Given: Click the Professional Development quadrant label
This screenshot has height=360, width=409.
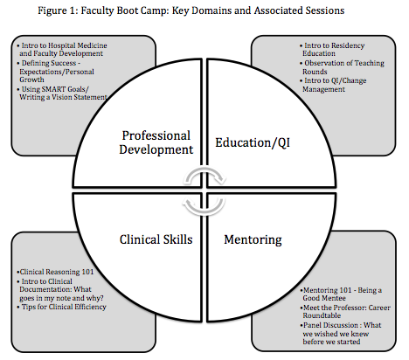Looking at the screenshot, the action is pyautogui.click(x=156, y=142).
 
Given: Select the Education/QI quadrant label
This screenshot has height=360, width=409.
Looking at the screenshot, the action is pyautogui.click(x=253, y=142).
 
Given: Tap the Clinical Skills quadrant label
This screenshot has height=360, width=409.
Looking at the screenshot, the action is pyautogui.click(x=156, y=239).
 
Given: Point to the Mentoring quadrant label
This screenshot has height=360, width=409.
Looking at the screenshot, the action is pyautogui.click(x=253, y=240).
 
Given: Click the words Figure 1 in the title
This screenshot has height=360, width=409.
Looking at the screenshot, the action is pyautogui.click(x=58, y=10).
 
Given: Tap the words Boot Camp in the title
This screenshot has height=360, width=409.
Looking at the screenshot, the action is pyautogui.click(x=141, y=10).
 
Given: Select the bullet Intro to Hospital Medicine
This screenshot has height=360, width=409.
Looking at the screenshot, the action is pyautogui.click(x=62, y=50).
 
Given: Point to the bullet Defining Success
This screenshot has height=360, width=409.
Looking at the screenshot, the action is pyautogui.click(x=56, y=72).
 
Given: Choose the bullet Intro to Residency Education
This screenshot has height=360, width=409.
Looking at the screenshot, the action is pyautogui.click(x=332, y=50).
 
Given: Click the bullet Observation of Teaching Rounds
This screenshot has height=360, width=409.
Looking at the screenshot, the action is pyautogui.click(x=342, y=67).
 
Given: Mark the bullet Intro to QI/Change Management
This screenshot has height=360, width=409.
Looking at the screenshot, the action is pyautogui.click(x=333, y=85).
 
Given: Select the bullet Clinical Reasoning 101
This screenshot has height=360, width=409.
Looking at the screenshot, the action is pyautogui.click(x=55, y=272).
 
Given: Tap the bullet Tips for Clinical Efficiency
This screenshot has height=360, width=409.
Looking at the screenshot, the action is pyautogui.click(x=61, y=307).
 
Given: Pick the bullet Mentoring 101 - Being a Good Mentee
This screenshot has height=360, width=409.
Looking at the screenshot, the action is pyautogui.click(x=341, y=294).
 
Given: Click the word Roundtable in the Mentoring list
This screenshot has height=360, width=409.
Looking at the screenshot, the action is pyautogui.click(x=322, y=315).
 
